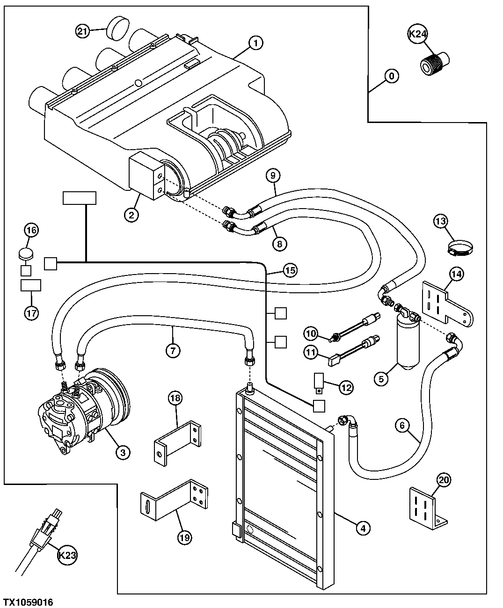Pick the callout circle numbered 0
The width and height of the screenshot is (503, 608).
391,76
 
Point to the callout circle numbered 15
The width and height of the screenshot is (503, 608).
290,270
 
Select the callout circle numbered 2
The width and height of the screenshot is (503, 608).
131,215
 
